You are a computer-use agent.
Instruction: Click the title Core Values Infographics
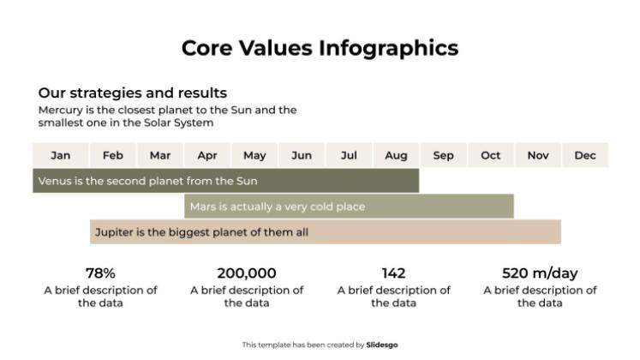click(320, 48)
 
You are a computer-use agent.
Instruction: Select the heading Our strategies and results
click(132, 93)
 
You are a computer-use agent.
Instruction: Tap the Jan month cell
click(61, 155)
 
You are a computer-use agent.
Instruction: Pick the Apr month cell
click(207, 155)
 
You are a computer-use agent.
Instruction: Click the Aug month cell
click(396, 155)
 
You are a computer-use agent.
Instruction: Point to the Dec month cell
click(585, 155)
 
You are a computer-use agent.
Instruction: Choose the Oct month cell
click(491, 155)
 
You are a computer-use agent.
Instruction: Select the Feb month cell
click(112, 155)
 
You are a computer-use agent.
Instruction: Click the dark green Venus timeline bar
click(225, 181)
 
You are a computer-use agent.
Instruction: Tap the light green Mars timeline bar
click(349, 207)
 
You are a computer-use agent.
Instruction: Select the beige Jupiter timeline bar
click(326, 231)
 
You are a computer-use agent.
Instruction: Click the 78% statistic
click(100, 273)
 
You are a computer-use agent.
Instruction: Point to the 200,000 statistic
click(247, 273)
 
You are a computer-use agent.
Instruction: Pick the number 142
click(393, 273)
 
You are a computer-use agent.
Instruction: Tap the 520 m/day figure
click(540, 273)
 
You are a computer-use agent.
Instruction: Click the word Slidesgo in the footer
click(382, 345)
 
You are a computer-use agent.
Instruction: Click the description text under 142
click(393, 297)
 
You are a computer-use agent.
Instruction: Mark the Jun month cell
click(302, 155)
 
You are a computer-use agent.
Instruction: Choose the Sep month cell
click(444, 155)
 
